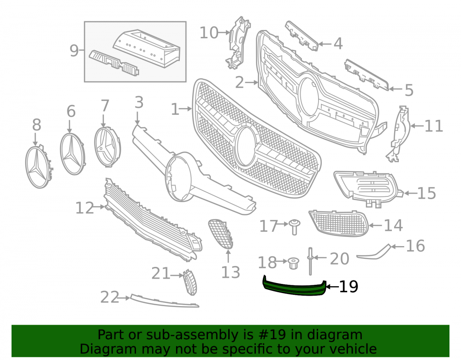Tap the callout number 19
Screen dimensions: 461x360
click(349, 287)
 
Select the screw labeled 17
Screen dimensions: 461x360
click(294, 227)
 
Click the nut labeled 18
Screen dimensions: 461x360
click(293, 263)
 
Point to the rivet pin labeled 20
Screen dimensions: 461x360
click(310, 261)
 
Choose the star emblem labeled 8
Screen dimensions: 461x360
click(39, 166)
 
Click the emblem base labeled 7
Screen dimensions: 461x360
click(107, 147)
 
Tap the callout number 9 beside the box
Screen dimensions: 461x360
click(74, 51)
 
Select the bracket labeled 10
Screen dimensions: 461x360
click(238, 43)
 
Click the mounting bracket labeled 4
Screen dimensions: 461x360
click(301, 36)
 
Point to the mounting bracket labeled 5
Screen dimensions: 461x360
click(366, 75)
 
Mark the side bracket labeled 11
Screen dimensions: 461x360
click(398, 134)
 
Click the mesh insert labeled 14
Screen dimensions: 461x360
click(338, 223)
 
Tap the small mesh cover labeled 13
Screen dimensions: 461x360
click(221, 234)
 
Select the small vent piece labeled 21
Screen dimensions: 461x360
click(190, 283)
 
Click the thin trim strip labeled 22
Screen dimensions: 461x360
click(165, 301)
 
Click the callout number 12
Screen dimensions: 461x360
click(84, 208)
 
